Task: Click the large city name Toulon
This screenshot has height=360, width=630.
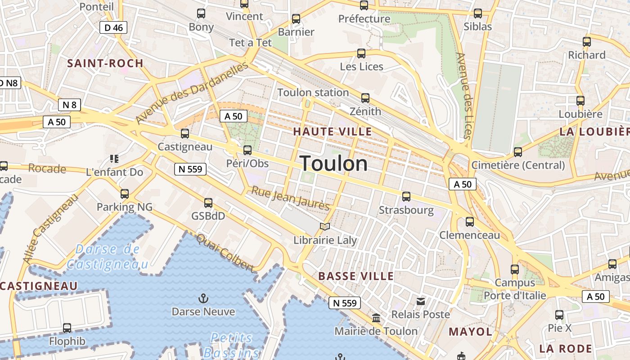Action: tap(333, 163)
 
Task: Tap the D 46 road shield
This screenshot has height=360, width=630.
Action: tap(113, 28)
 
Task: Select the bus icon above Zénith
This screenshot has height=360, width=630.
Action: tap(365, 98)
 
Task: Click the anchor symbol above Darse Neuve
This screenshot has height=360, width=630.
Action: tap(203, 298)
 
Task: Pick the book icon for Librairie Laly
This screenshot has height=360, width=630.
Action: tap(325, 226)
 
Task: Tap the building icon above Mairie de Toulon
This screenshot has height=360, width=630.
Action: tap(376, 318)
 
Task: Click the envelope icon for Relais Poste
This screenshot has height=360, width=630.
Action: tap(421, 301)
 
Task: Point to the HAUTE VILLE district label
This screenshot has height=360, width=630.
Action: tap(333, 132)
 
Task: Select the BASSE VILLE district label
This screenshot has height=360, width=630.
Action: tap(356, 276)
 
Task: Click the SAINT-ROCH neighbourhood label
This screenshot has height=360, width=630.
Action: tap(105, 63)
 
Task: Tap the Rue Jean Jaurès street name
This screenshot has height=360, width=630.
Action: tap(291, 198)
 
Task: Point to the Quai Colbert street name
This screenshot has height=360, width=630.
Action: tap(225, 252)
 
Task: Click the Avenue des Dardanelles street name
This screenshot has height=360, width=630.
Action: tap(192, 93)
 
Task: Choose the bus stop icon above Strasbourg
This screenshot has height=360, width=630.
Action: tap(406, 197)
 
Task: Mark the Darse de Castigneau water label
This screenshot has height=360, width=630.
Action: tap(107, 256)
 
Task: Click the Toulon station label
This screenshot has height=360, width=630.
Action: tap(313, 93)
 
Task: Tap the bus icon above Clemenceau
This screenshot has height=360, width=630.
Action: tap(470, 221)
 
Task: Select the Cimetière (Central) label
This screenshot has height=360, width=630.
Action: tap(518, 165)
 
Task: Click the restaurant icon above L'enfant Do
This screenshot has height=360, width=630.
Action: tap(114, 159)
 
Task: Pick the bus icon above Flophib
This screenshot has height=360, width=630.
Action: tap(67, 328)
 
